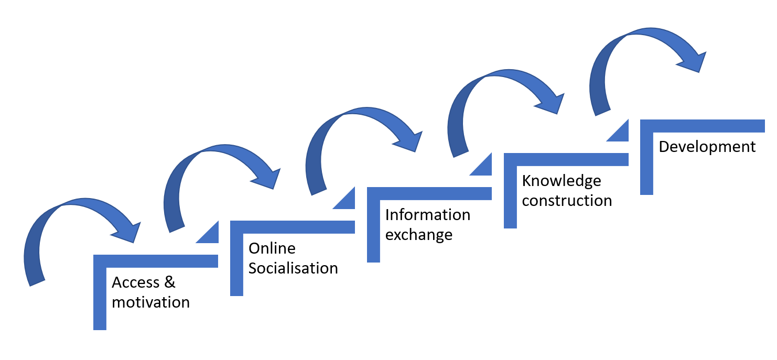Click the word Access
point(136,282)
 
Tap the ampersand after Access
point(169,282)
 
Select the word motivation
point(150,302)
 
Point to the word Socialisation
point(293,268)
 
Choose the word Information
point(427,215)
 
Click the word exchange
point(418,235)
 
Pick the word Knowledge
point(562,181)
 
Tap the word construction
point(567,201)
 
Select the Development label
point(707,147)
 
